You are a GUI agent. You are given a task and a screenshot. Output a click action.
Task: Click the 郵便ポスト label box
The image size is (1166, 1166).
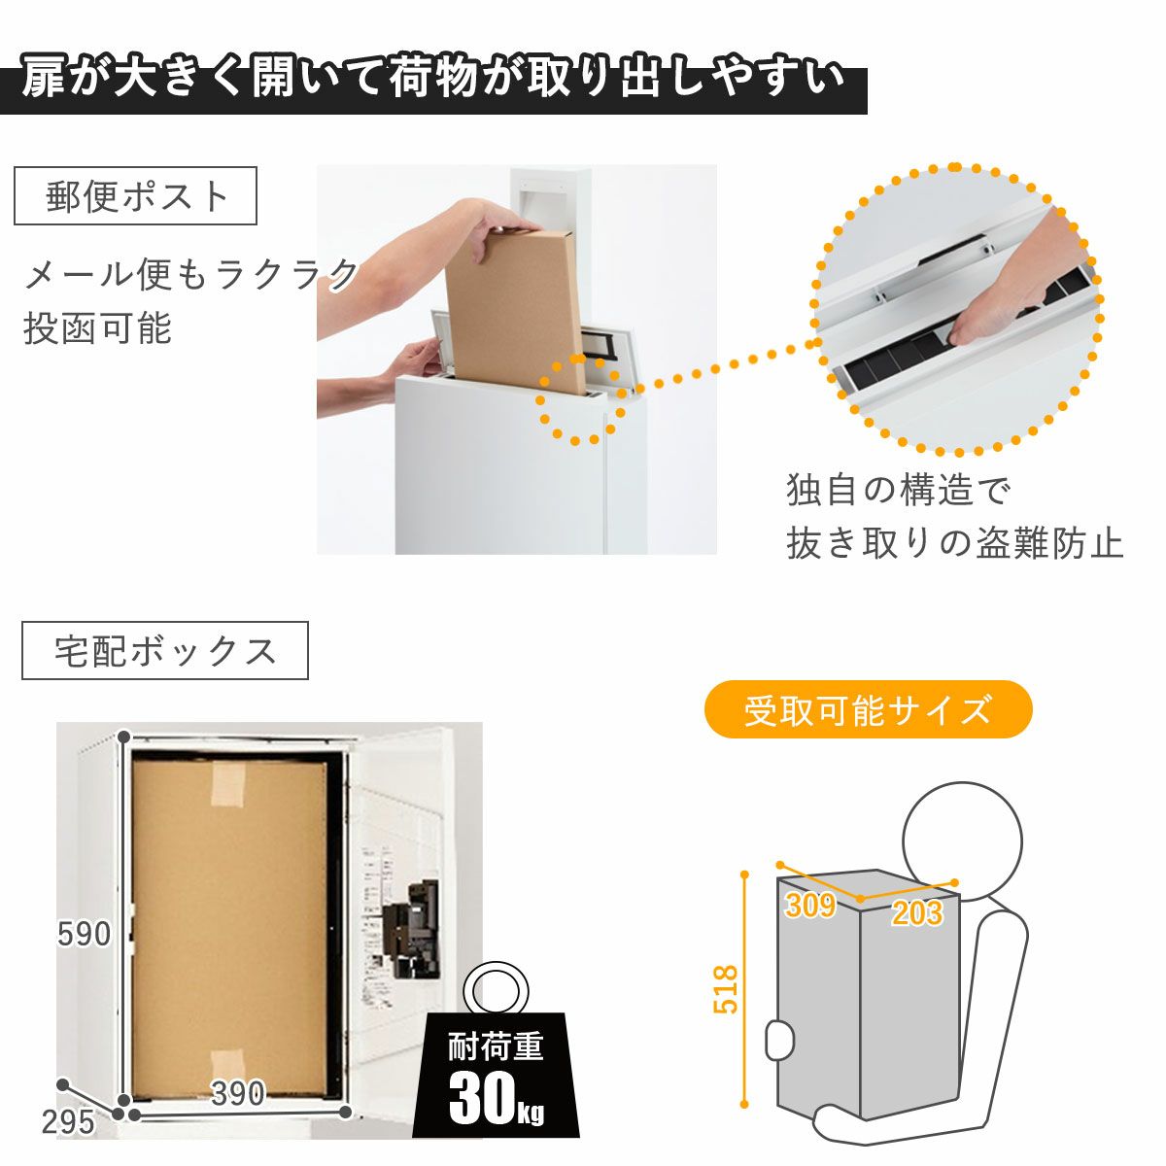135,196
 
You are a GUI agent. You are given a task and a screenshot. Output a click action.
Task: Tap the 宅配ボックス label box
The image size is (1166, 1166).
164,650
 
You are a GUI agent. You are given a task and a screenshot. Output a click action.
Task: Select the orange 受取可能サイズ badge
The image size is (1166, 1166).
868,709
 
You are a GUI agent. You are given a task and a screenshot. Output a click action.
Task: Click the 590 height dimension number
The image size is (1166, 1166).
85,934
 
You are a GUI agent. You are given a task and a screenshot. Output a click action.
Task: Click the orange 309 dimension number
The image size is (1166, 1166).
810,906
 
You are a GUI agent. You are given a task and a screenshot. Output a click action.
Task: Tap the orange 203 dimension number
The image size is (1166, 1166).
917,913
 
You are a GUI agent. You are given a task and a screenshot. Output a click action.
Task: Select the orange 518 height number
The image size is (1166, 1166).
726,988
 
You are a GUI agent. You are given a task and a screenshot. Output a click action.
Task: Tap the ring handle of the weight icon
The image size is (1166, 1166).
495,992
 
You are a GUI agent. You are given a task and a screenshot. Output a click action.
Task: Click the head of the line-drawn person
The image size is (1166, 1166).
962,841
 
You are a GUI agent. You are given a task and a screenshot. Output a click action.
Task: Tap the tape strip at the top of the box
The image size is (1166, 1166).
228,784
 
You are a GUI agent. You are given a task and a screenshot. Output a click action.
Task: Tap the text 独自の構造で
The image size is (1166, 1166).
899,490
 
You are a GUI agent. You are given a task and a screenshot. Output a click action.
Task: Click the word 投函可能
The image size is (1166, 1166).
97,328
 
